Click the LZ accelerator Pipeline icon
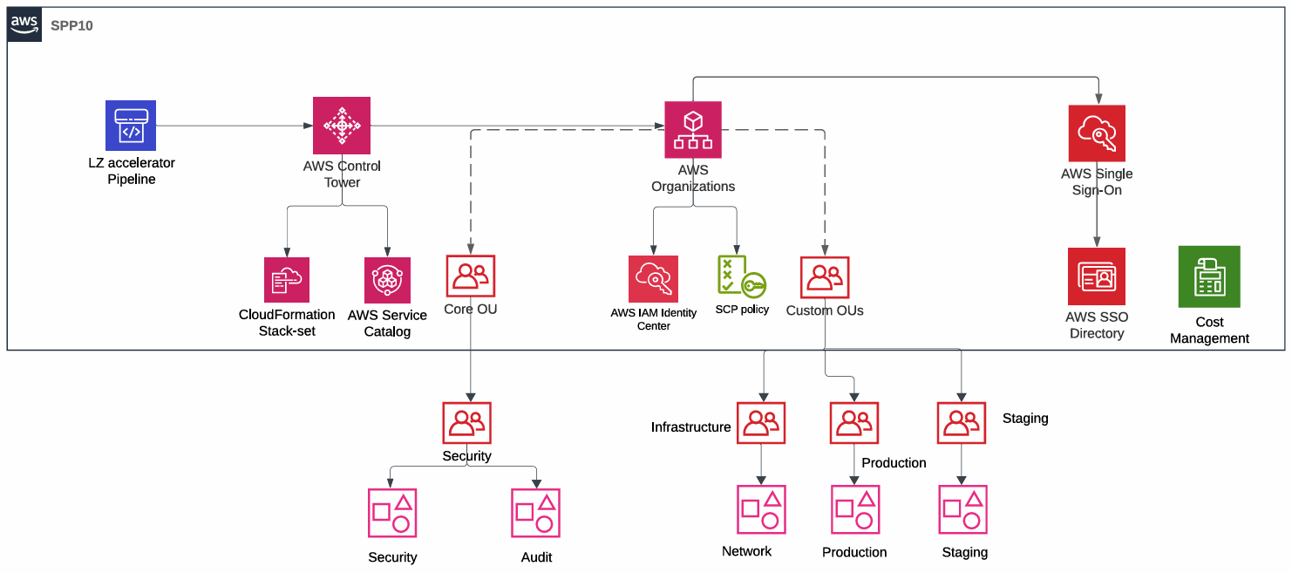pyautogui.click(x=131, y=126)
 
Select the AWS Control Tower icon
pyautogui.click(x=342, y=126)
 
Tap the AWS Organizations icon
pyautogui.click(x=693, y=130)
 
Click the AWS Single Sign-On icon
pyautogui.click(x=1097, y=133)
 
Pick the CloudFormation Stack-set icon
pyautogui.click(x=287, y=279)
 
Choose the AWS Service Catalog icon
pyautogui.click(x=387, y=279)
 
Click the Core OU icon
pyautogui.click(x=471, y=276)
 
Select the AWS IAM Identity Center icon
pyautogui.click(x=653, y=278)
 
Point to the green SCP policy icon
pyautogui.click(x=741, y=276)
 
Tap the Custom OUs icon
pyautogui.click(x=825, y=277)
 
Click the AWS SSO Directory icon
pyautogui.click(x=1097, y=276)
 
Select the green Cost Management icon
pyautogui.click(x=1209, y=276)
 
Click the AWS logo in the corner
pyautogui.click(x=24, y=24)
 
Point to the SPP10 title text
pyautogui.click(x=71, y=26)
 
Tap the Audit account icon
pyautogui.click(x=535, y=513)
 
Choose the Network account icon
pyautogui.click(x=761, y=509)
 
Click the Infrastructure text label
pyautogui.click(x=690, y=427)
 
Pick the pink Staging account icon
pyautogui.click(x=962, y=509)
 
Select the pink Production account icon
pyautogui.click(x=855, y=509)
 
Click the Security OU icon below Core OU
pyautogui.click(x=467, y=423)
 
